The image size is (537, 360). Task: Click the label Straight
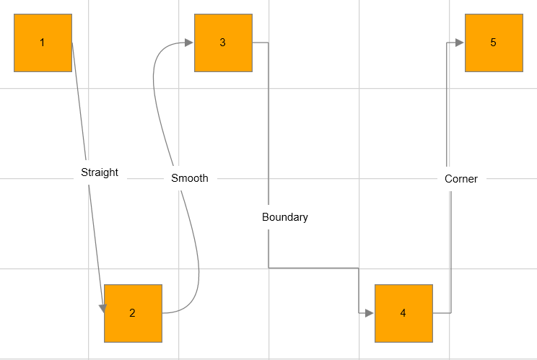click(x=100, y=173)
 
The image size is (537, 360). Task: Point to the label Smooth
click(x=190, y=178)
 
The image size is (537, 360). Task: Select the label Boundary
click(x=285, y=217)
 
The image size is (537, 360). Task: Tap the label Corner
click(x=461, y=179)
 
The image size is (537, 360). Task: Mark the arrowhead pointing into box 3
click(x=189, y=43)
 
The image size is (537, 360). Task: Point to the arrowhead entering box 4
click(x=370, y=313)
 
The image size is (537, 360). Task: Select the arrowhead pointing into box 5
click(x=460, y=43)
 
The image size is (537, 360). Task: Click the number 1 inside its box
click(x=43, y=43)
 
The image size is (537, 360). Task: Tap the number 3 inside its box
click(x=223, y=43)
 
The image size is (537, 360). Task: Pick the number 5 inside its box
click(x=494, y=43)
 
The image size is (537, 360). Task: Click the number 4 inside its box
click(x=403, y=313)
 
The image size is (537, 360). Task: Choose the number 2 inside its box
click(x=133, y=313)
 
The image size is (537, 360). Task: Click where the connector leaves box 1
click(x=72, y=43)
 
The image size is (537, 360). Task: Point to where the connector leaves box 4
click(x=433, y=313)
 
